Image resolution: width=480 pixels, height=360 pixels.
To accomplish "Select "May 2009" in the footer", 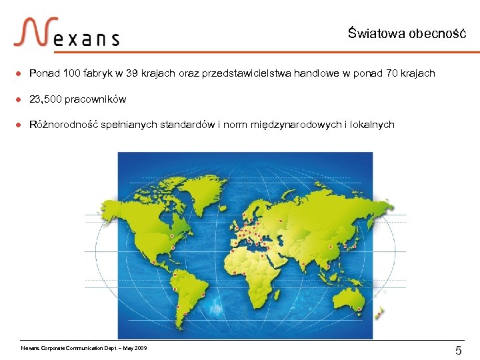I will coord(135,348).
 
